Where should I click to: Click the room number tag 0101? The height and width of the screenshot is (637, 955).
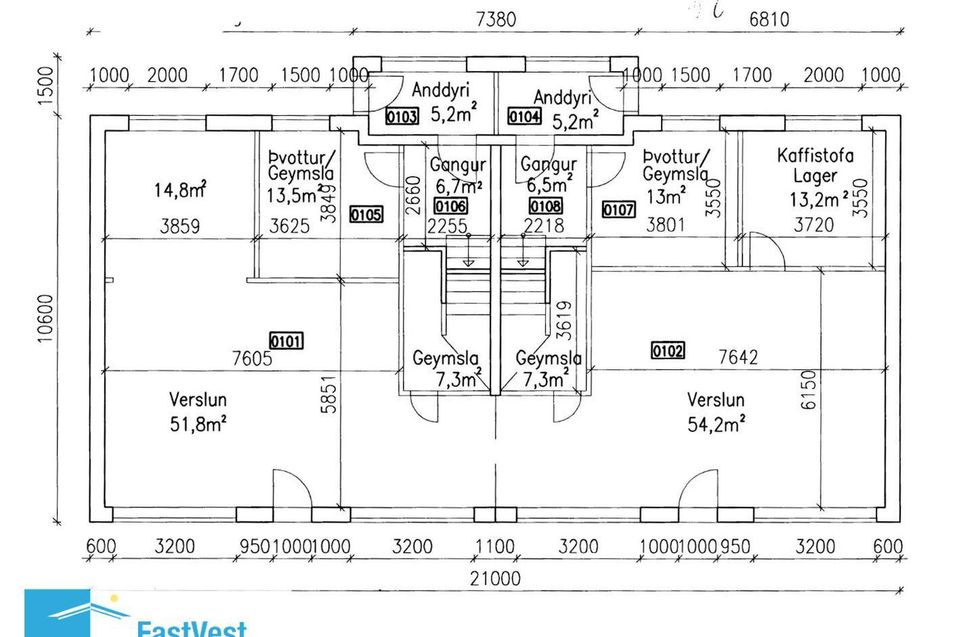(286, 341)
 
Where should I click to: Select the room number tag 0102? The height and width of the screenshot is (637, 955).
(668, 350)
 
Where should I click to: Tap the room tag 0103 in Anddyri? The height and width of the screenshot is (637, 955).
(402, 117)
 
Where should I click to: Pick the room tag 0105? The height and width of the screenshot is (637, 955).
(366, 214)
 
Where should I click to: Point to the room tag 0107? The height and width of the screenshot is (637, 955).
(619, 210)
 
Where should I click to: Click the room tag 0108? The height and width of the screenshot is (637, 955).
(546, 206)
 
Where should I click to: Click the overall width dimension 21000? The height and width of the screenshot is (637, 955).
(495, 578)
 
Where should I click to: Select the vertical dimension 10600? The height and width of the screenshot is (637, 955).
(45, 318)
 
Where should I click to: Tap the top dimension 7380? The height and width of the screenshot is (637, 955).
(496, 19)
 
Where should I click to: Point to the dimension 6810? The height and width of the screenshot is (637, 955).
(769, 19)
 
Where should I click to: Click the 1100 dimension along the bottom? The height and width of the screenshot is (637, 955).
(495, 546)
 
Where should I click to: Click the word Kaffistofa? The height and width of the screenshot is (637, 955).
(815, 156)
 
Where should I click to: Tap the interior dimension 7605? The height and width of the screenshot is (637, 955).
(252, 358)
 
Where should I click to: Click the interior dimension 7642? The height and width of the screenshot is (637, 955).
(738, 357)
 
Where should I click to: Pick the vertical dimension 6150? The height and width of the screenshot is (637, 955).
(809, 390)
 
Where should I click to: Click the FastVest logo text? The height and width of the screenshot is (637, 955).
(191, 628)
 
